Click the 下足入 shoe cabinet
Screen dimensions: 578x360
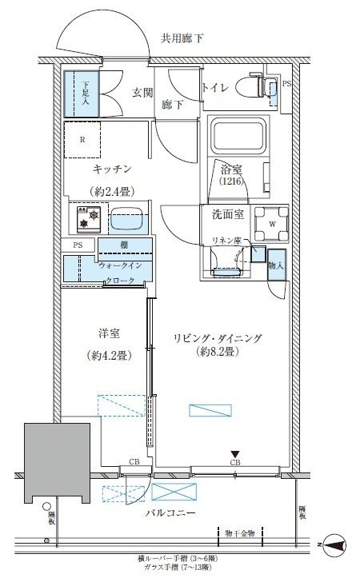click(81, 94)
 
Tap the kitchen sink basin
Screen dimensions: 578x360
click(126, 217)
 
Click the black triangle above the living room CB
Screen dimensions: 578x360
click(235, 453)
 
